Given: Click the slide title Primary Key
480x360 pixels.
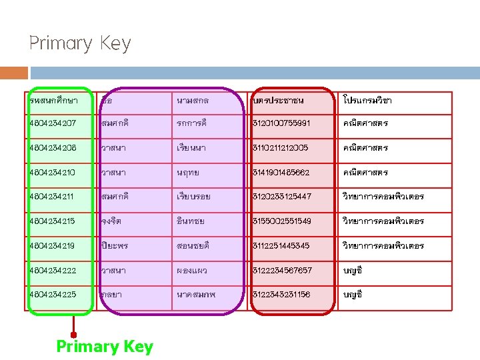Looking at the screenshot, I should [x=80, y=44].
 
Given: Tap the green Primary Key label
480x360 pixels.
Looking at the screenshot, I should [x=105, y=347].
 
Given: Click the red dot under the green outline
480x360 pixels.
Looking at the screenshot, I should [x=73, y=335].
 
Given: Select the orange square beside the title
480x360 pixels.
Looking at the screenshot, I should [x=14, y=73].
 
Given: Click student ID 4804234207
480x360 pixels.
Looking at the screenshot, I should [x=53, y=123].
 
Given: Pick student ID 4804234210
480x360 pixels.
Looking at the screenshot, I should [x=53, y=173].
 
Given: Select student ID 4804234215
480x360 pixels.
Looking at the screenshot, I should [x=53, y=221].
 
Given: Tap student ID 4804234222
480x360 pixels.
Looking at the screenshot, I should [x=53, y=270].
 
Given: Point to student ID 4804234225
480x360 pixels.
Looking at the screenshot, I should [x=53, y=295].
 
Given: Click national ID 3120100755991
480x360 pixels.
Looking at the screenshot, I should [x=290, y=123].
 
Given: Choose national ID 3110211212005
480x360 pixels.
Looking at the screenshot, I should [x=290, y=148].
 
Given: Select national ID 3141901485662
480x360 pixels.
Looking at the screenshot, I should [x=290, y=173].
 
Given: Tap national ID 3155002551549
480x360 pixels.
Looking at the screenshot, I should [x=290, y=221].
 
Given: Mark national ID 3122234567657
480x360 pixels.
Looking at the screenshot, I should [x=290, y=270].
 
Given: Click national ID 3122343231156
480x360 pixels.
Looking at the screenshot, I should [x=290, y=295].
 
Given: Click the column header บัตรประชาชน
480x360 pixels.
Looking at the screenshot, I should [x=279, y=101].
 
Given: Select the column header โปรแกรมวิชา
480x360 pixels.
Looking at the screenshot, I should [x=367, y=101].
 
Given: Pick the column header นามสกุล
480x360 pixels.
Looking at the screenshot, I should [x=194, y=101].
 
